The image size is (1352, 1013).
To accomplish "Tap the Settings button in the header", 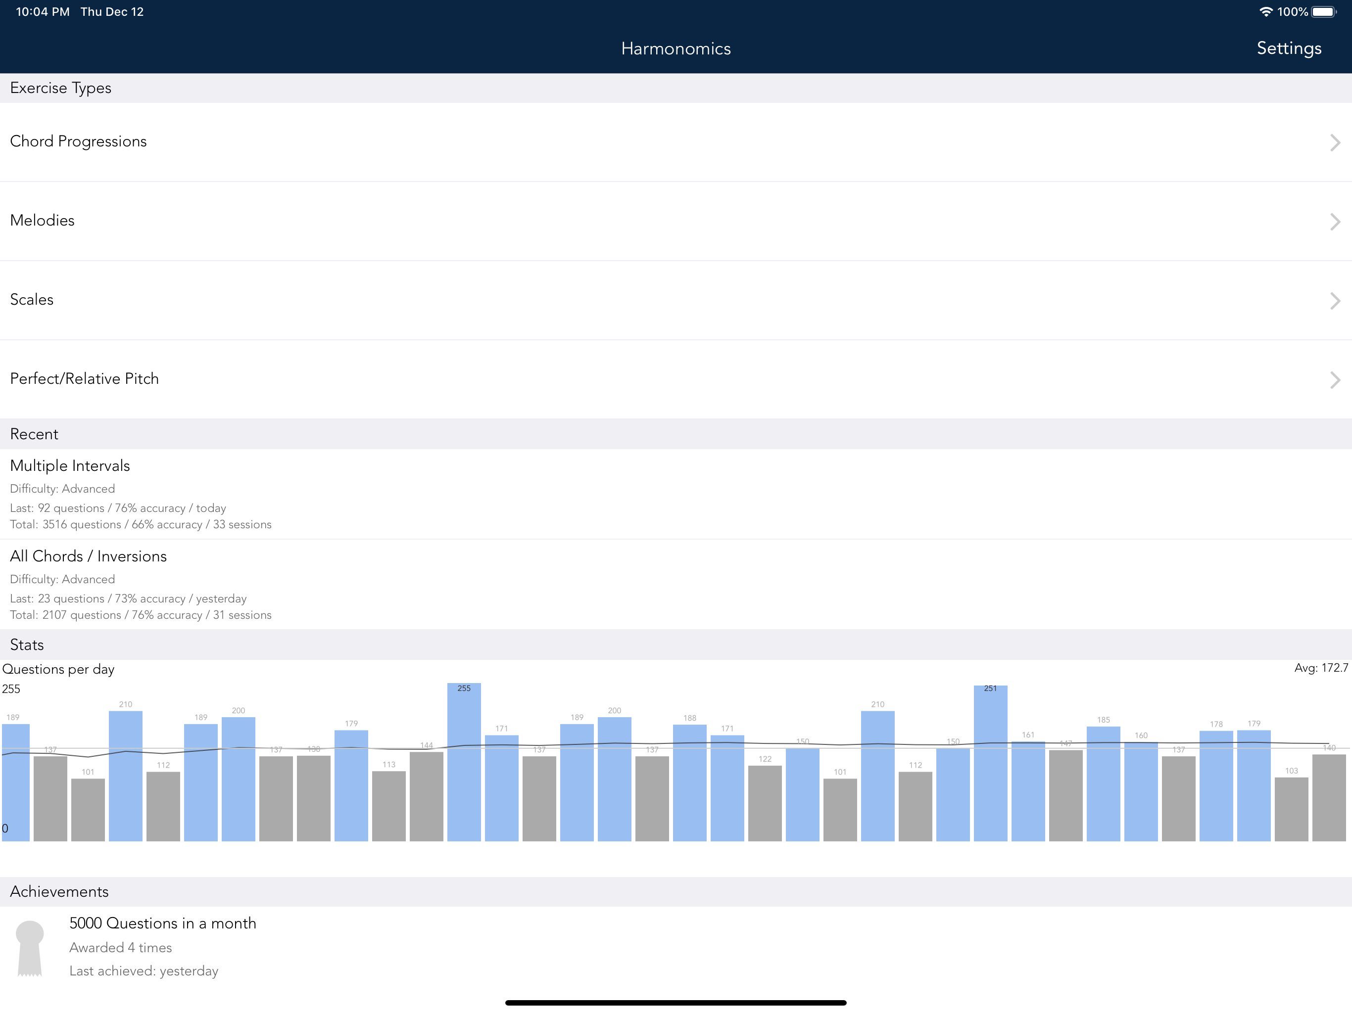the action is pyautogui.click(x=1289, y=48).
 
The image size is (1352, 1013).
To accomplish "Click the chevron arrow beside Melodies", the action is pyautogui.click(x=1335, y=221).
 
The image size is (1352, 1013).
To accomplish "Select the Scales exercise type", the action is pyautogui.click(x=32, y=299).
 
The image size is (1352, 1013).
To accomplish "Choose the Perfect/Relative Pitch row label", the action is pyautogui.click(x=84, y=379).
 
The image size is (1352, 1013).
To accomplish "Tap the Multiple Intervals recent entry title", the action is pyautogui.click(x=70, y=465).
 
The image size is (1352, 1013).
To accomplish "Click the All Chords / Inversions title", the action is pyautogui.click(x=89, y=556).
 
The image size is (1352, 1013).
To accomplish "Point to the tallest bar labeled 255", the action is pyautogui.click(x=464, y=762).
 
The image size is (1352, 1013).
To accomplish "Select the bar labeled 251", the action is pyautogui.click(x=990, y=763).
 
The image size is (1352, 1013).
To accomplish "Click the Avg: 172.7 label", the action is pyautogui.click(x=1321, y=668).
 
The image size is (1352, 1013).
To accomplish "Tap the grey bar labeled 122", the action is pyautogui.click(x=765, y=803).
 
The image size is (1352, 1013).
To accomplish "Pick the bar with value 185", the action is pyautogui.click(x=1103, y=784).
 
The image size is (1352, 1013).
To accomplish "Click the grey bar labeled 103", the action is pyautogui.click(x=1292, y=810).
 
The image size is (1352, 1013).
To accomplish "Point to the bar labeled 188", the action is pyautogui.click(x=689, y=783).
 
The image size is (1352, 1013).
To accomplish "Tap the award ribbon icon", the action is pyautogui.click(x=29, y=948).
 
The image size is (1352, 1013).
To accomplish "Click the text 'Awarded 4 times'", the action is pyautogui.click(x=120, y=948).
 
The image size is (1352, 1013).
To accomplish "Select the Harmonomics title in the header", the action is pyautogui.click(x=676, y=49).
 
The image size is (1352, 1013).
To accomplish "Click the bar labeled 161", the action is pyautogui.click(x=1028, y=791).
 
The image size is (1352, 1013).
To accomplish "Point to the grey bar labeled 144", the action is pyautogui.click(x=426, y=797).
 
